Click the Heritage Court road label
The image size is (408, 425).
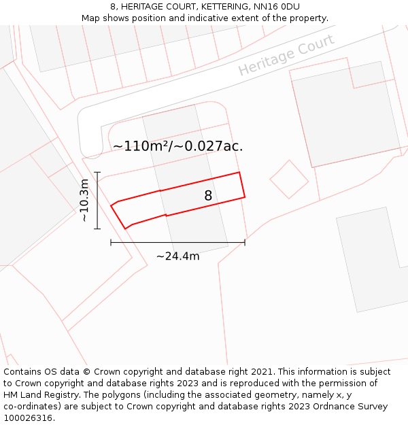[286, 55]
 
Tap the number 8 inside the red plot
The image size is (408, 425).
[208, 196]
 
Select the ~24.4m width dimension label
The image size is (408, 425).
[178, 256]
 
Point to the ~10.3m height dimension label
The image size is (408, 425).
[84, 201]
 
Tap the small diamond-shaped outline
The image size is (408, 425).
[289, 180]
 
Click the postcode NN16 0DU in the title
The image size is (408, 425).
[275, 7]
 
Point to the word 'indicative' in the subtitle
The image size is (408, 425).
[192, 18]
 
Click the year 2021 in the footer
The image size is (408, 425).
[261, 372]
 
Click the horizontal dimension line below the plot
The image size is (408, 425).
[177, 242]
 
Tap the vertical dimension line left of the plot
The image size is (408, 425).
[98, 201]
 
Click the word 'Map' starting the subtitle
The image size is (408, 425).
[91, 18]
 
